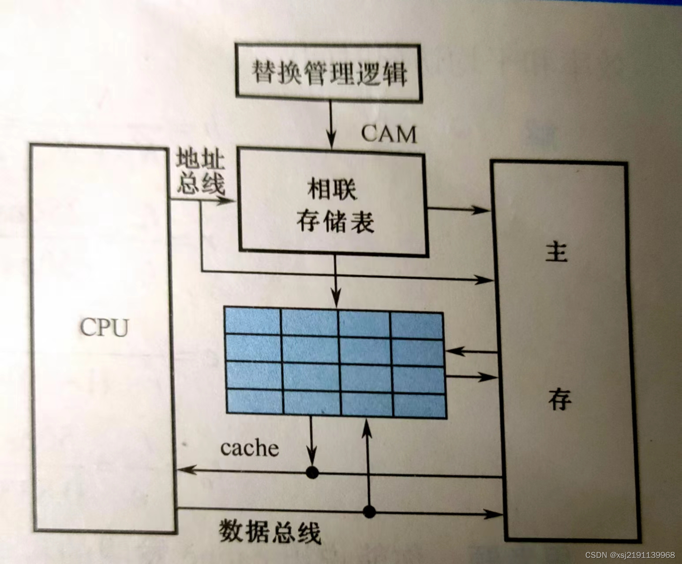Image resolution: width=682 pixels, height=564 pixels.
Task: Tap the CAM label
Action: pos(389,134)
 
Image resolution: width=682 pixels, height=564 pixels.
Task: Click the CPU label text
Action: pos(104,327)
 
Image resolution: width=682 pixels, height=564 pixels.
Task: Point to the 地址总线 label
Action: pos(201,173)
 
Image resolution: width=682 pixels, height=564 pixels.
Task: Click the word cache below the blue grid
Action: pos(250,448)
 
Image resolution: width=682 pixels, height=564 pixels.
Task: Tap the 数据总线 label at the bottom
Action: pos(270,532)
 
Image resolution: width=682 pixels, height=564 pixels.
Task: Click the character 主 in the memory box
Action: pos(557,252)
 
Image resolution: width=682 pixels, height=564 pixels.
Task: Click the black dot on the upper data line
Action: pos(312,472)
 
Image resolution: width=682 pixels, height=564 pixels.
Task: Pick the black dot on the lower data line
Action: pos(369,512)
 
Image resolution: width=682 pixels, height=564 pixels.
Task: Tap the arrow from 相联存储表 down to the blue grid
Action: pos(336,282)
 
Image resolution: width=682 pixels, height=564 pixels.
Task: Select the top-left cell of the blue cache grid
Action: pos(253,321)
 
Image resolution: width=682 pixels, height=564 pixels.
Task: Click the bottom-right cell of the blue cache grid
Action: pos(419,404)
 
